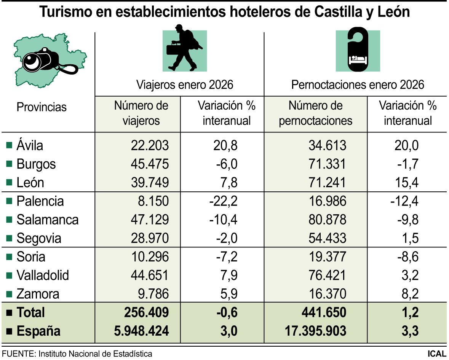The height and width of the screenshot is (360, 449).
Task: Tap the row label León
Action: click(x=30, y=183)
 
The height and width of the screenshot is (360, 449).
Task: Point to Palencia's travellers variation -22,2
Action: click(x=223, y=201)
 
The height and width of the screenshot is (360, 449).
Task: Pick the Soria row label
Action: click(x=30, y=257)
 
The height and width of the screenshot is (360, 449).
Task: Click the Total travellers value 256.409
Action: click(x=146, y=312)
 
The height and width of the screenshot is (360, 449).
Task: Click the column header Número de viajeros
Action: click(x=141, y=113)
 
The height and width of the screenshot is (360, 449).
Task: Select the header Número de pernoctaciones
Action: click(x=315, y=113)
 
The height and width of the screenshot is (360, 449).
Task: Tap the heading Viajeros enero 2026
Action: click(x=185, y=84)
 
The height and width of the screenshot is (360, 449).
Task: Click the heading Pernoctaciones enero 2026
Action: click(x=357, y=84)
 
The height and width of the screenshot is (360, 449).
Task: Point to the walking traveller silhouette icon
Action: click(x=185, y=49)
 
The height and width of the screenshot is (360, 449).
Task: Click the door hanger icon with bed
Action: click(x=358, y=49)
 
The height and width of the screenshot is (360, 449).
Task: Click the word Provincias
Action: click(x=42, y=107)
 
